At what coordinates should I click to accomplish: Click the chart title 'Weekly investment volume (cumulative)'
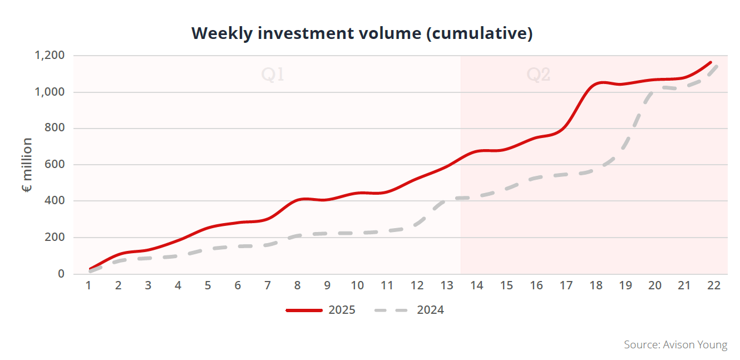[x=362, y=33]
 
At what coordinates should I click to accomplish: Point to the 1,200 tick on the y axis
[x=50, y=56]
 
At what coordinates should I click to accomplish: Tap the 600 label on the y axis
[x=57, y=165]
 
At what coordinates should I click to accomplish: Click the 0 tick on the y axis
[x=62, y=274]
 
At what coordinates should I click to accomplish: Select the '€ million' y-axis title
[x=27, y=165]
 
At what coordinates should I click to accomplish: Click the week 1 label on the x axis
[x=88, y=285]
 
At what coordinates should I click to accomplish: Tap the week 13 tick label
[x=446, y=285]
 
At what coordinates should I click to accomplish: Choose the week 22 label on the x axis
[x=714, y=285]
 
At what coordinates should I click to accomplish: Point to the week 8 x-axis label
[x=298, y=285]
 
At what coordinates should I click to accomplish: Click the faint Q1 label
[x=273, y=75]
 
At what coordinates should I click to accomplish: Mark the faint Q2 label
[x=539, y=75]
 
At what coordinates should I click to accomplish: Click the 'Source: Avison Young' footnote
[x=675, y=345]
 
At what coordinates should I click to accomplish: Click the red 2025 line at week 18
[x=595, y=83]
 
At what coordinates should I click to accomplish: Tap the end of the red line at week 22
[x=711, y=62]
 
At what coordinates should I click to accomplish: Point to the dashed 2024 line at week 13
[x=446, y=200]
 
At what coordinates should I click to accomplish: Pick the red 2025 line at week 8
[x=298, y=200]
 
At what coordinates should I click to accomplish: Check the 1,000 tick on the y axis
[x=50, y=92]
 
